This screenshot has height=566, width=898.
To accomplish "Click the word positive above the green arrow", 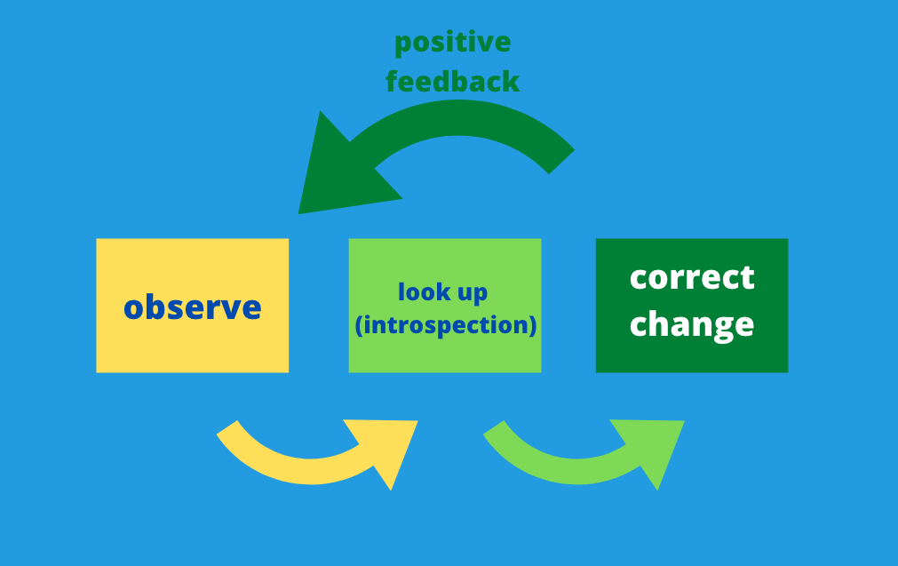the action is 452,43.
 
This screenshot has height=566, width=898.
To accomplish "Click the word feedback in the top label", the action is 452,81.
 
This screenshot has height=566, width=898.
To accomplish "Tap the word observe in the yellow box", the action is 193,307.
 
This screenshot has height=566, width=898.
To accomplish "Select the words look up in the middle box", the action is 442,292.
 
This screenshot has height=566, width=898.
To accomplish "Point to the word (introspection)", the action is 446,325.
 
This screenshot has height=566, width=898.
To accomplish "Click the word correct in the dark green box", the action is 692,277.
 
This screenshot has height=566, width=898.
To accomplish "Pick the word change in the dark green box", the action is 692,325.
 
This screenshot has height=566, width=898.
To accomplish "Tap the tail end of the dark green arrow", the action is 562,162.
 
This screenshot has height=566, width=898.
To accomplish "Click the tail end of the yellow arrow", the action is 227,428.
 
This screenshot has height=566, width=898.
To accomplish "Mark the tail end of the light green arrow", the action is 494,428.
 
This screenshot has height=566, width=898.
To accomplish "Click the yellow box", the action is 193,306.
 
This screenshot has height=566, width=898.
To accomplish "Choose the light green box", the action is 445,306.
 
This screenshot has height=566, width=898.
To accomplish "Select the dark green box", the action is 692,306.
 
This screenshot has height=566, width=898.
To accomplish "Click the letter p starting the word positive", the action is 403,45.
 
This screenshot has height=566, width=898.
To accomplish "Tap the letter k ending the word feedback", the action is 512,81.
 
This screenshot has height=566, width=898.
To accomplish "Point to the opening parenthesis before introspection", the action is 359,325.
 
